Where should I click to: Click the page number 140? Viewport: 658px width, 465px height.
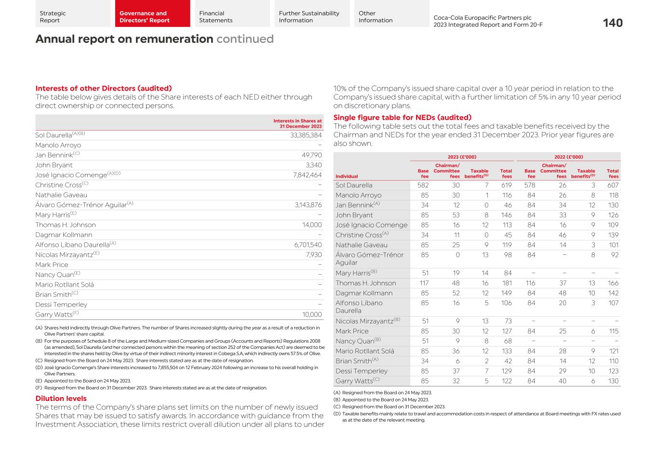click(x=612, y=23)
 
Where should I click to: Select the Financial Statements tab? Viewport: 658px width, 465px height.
click(x=215, y=17)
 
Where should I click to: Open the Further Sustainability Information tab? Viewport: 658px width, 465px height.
click(x=309, y=17)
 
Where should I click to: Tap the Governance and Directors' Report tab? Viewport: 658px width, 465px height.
click(x=144, y=17)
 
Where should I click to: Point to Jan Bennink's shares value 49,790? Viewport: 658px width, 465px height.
click(x=312, y=155)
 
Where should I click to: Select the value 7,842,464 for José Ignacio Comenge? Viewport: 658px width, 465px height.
click(x=307, y=175)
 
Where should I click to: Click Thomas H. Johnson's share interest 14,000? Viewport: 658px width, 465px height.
click(x=312, y=225)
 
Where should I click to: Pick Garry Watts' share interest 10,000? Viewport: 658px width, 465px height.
click(x=312, y=315)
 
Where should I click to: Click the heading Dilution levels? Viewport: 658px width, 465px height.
click(x=61, y=399)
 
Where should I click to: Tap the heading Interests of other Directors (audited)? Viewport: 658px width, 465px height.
click(x=103, y=88)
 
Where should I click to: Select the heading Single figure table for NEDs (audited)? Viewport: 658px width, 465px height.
click(x=402, y=118)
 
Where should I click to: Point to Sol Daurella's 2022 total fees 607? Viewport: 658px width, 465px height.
click(x=612, y=185)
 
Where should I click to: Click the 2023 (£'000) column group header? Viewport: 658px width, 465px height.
click(x=462, y=157)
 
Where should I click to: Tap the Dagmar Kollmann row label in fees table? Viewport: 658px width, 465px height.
click(x=364, y=293)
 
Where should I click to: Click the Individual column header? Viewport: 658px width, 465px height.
click(x=347, y=176)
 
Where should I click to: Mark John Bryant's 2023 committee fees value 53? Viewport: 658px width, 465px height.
click(x=455, y=215)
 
